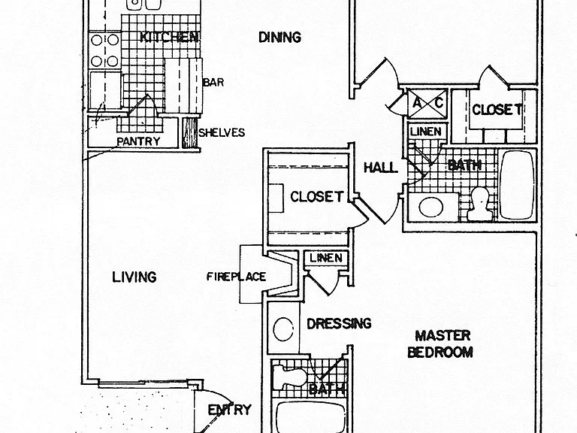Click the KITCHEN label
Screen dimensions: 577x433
click(x=169, y=37)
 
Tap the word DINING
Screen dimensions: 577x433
click(x=279, y=37)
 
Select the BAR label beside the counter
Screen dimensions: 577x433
click(x=213, y=82)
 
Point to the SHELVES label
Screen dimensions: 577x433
click(x=222, y=132)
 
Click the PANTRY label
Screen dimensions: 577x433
click(x=138, y=141)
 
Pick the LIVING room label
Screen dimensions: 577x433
click(x=134, y=277)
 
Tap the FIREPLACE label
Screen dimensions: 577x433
click(x=236, y=277)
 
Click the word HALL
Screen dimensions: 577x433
click(x=380, y=168)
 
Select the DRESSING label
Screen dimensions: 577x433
click(x=339, y=324)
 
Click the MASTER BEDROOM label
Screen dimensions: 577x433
click(x=440, y=344)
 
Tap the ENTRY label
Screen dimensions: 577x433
click(x=230, y=410)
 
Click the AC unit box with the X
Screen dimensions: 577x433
click(x=427, y=104)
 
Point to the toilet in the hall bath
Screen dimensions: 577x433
click(x=479, y=204)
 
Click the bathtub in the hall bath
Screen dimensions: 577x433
click(x=517, y=185)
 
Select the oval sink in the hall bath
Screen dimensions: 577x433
click(x=430, y=207)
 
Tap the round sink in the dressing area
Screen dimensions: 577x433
click(x=283, y=329)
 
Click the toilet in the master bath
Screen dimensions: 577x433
click(x=290, y=377)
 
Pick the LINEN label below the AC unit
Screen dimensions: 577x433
click(x=426, y=132)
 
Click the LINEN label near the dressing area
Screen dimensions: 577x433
click(x=326, y=258)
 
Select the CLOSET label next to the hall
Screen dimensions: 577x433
click(x=316, y=197)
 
